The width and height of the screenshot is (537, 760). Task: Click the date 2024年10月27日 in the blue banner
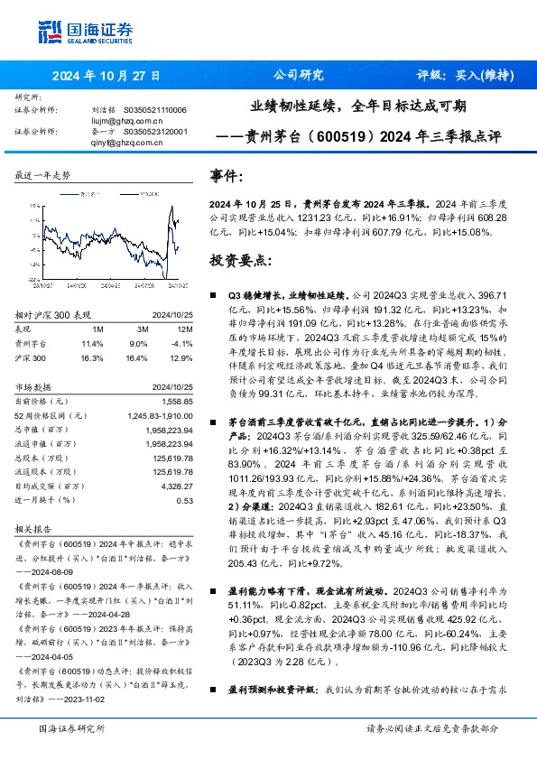point(107,76)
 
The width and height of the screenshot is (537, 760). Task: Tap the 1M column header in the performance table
point(98,330)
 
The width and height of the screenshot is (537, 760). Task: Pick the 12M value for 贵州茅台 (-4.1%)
point(181,344)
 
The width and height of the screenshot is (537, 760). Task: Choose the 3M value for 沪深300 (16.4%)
point(138,358)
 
